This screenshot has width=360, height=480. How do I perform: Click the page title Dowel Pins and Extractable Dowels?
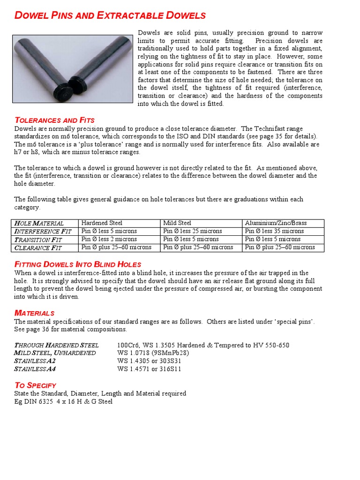click(110, 15)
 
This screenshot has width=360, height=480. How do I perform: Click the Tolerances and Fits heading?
click(54, 120)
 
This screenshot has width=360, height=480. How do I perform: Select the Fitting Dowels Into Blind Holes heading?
click(78, 264)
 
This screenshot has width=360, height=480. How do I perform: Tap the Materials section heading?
click(34, 313)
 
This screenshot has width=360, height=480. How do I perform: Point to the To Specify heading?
click(36, 385)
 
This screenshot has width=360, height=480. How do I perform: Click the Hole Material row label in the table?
click(39, 223)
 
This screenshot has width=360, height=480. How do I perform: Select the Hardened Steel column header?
click(102, 223)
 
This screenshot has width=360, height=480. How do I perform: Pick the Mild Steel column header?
click(177, 223)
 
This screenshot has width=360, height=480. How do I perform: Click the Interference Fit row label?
click(43, 231)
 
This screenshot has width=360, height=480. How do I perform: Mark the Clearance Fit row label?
click(38, 247)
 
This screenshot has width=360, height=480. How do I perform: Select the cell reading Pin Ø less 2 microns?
click(109, 239)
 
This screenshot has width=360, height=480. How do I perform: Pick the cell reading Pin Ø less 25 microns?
click(193, 231)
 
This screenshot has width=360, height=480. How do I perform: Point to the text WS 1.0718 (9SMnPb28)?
click(153, 353)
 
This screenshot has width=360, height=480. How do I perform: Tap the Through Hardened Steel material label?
click(57, 345)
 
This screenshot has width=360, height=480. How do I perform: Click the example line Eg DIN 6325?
click(63, 401)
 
